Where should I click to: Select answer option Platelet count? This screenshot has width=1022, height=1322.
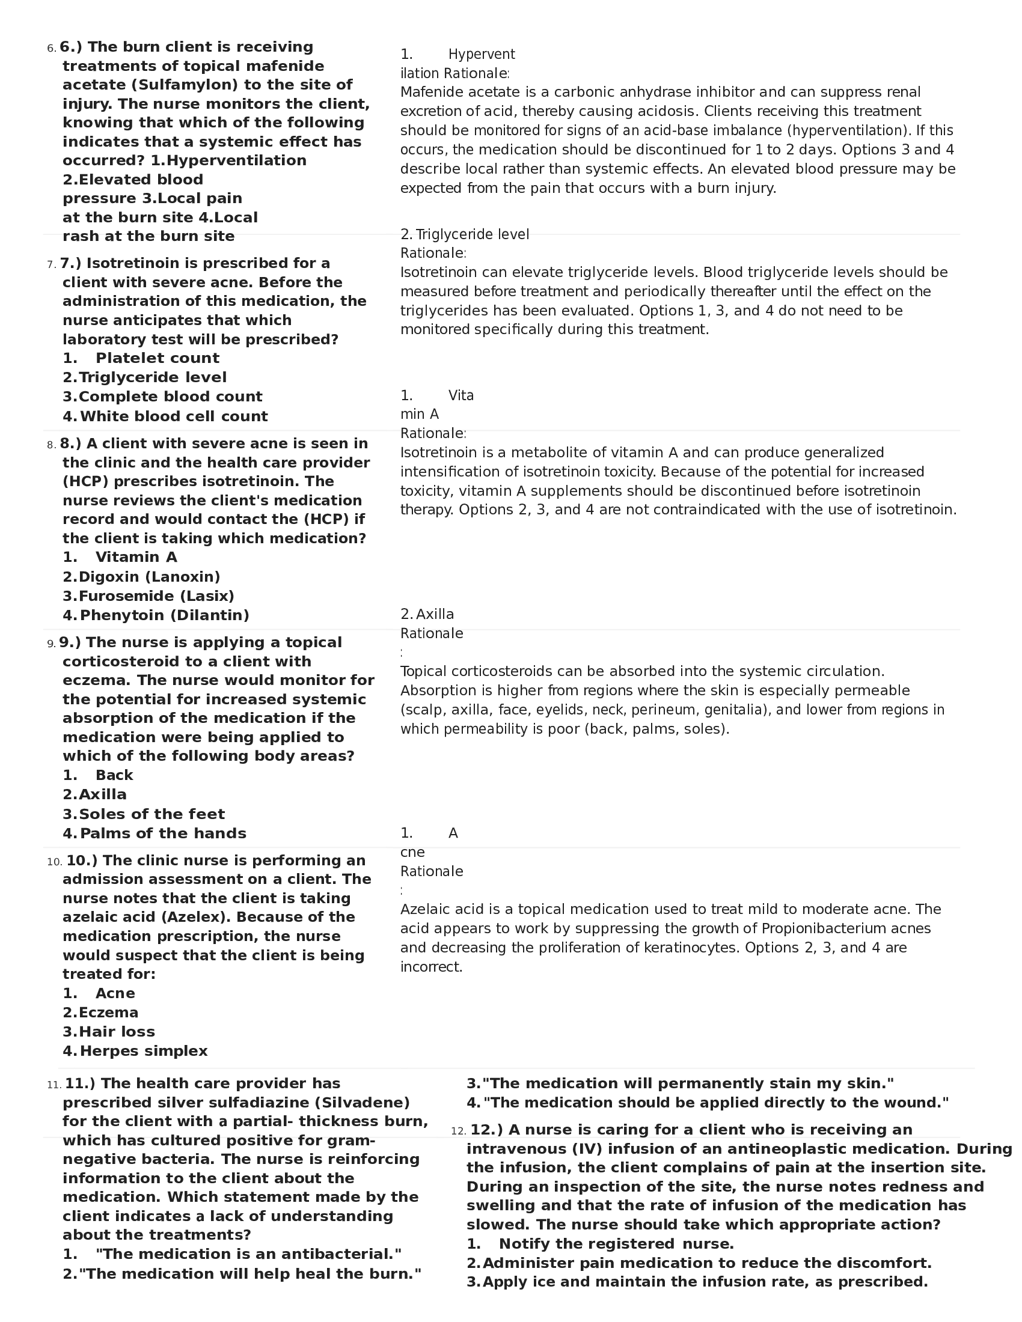click(157, 358)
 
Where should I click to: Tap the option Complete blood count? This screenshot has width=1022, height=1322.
click(170, 397)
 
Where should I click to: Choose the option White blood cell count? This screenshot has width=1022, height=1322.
click(173, 416)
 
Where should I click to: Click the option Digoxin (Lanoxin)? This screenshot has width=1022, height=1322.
click(149, 577)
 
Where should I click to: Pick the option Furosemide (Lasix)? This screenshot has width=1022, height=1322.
click(156, 596)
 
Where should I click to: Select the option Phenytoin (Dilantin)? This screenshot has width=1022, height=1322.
click(164, 615)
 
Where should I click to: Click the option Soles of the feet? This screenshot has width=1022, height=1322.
click(151, 814)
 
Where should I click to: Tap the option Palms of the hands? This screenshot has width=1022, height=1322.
click(162, 833)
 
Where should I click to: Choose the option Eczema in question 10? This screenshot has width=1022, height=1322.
click(108, 1013)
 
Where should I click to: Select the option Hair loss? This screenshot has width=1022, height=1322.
click(116, 1031)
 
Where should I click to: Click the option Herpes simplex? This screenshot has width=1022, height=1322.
click(143, 1051)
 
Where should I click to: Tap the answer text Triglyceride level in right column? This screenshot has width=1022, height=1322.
click(472, 234)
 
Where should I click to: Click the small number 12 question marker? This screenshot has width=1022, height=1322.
click(458, 1132)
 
